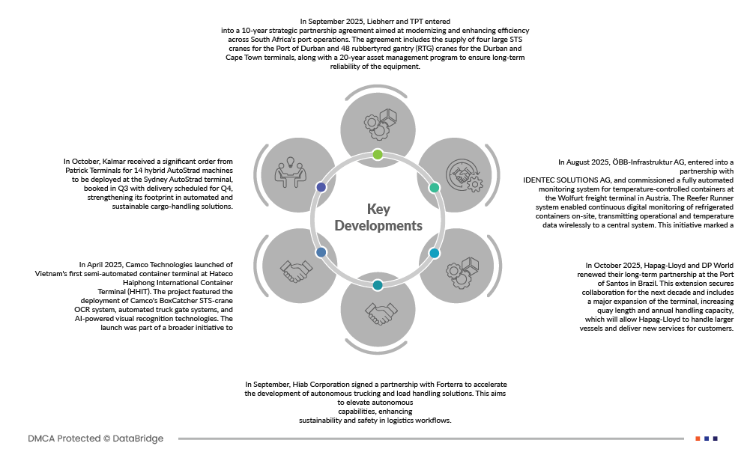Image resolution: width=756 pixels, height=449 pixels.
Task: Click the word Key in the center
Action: [378, 209]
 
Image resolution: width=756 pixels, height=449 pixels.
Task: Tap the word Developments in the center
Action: [378, 225]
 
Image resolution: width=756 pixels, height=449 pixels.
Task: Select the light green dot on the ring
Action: [378, 154]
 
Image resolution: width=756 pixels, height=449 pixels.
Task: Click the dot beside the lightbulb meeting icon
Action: [321, 187]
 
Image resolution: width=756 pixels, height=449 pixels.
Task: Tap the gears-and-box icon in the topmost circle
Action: [378, 122]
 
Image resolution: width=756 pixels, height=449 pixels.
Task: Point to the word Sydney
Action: [153, 180]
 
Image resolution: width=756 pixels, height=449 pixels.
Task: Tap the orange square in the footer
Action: [698, 439]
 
